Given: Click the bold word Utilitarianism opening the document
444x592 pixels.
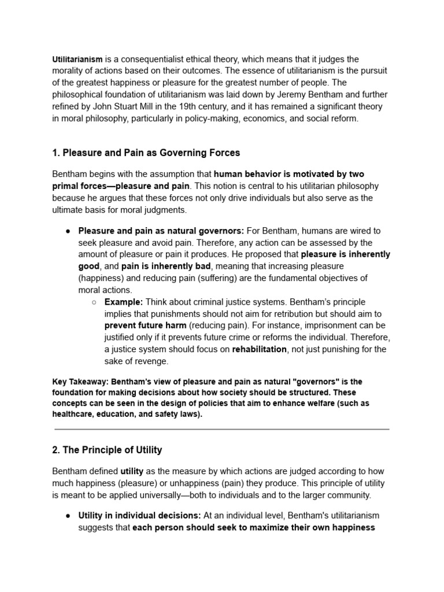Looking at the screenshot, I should coord(77,59).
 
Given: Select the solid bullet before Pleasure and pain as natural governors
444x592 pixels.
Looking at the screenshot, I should coord(68,231).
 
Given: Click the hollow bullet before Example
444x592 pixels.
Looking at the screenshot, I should coord(94,302).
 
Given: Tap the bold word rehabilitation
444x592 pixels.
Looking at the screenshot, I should coord(259,349).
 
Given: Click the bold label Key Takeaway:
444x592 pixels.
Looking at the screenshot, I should coord(80,382).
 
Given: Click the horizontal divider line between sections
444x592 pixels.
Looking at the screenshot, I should coord(222,430).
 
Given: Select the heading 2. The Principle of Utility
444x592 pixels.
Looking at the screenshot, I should coord(107,450).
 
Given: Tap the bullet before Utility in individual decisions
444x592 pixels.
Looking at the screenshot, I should coord(68,516).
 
